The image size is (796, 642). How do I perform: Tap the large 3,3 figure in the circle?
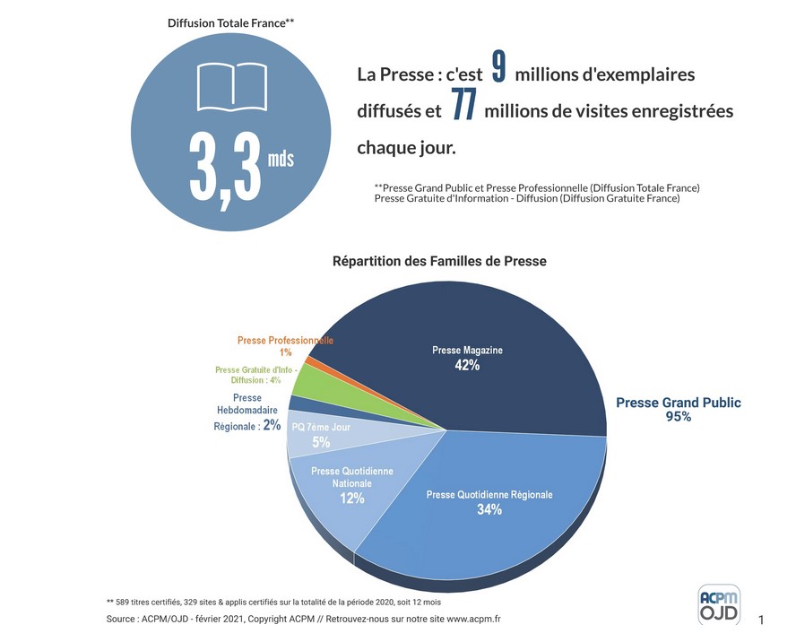coord(225,167)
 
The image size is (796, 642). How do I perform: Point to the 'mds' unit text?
coord(281,160)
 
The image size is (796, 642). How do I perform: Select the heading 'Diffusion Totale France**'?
coord(231,22)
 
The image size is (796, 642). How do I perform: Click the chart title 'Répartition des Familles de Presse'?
coord(439,262)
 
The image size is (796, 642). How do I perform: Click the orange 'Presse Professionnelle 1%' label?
coord(285,346)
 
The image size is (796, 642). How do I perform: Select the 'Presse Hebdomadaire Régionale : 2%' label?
coord(247,412)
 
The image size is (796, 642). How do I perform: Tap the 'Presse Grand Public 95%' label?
coord(679,409)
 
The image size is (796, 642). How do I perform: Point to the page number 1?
coord(762,620)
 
